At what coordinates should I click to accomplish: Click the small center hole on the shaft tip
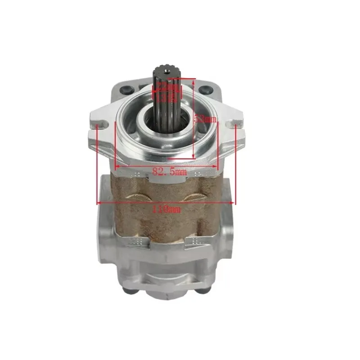(166, 71)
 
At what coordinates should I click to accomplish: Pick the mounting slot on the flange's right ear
(233, 122)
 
